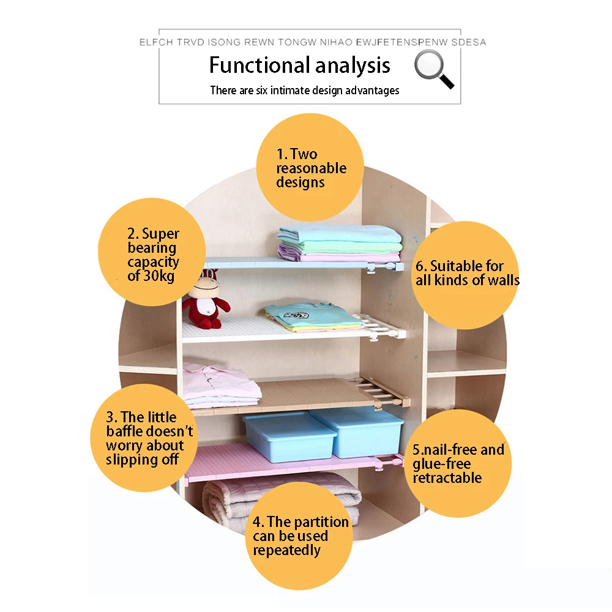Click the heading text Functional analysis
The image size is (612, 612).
coord(299,65)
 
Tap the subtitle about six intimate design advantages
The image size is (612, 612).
coord(304,91)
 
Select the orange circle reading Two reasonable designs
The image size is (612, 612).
coord(310,167)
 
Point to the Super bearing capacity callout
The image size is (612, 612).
coord(152,253)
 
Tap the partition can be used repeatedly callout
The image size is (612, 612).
coord(300,535)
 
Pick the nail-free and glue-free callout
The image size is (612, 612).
coord(458,463)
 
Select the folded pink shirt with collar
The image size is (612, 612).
coord(219,384)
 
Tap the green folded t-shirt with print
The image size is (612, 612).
coord(312,317)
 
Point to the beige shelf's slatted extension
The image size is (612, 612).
coord(382,392)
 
